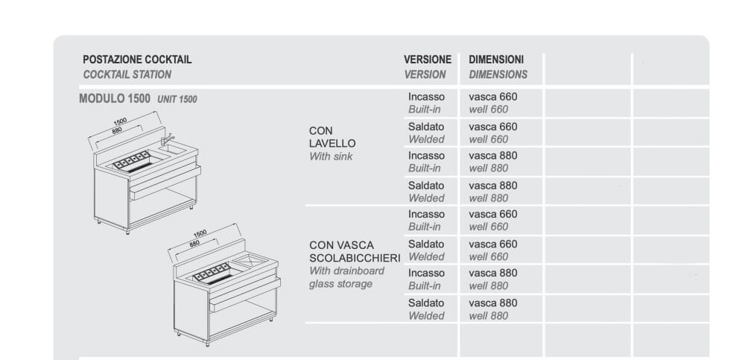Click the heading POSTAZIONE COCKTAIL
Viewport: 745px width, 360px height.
point(137,60)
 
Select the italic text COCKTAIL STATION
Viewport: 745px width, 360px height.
point(127,75)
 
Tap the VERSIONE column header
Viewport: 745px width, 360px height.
point(428,60)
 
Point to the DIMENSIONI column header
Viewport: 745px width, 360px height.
point(496,60)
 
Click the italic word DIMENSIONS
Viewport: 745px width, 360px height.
point(498,75)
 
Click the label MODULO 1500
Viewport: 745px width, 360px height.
point(115,98)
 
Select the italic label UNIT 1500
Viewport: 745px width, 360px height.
point(177,99)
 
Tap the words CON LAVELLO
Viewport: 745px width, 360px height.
point(332,137)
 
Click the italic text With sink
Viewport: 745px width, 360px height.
point(331,157)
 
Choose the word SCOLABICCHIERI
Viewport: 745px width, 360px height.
point(355,258)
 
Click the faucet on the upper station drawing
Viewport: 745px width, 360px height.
point(168,139)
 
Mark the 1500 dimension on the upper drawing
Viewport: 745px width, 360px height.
point(120,121)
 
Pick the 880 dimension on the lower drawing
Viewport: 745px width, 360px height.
point(195,243)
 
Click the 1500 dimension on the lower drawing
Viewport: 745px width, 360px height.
point(200,233)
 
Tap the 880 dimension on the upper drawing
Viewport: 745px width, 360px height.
point(116,130)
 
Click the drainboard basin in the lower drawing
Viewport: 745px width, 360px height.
point(252,259)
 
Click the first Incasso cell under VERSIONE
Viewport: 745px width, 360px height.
point(426,97)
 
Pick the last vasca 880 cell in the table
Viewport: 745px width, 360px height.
point(492,303)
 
